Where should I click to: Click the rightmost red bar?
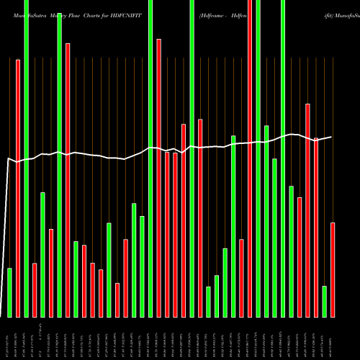point(333,269)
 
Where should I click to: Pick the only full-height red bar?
point(250,158)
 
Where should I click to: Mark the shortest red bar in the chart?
point(117,300)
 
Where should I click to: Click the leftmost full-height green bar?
point(26,158)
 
